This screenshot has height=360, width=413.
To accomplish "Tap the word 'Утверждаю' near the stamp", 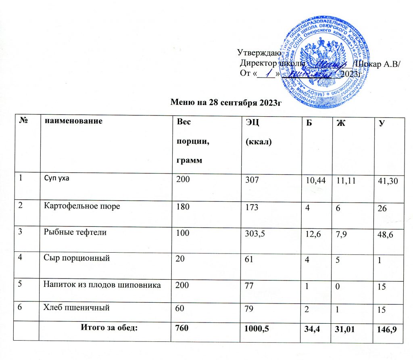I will click(x=257, y=52).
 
